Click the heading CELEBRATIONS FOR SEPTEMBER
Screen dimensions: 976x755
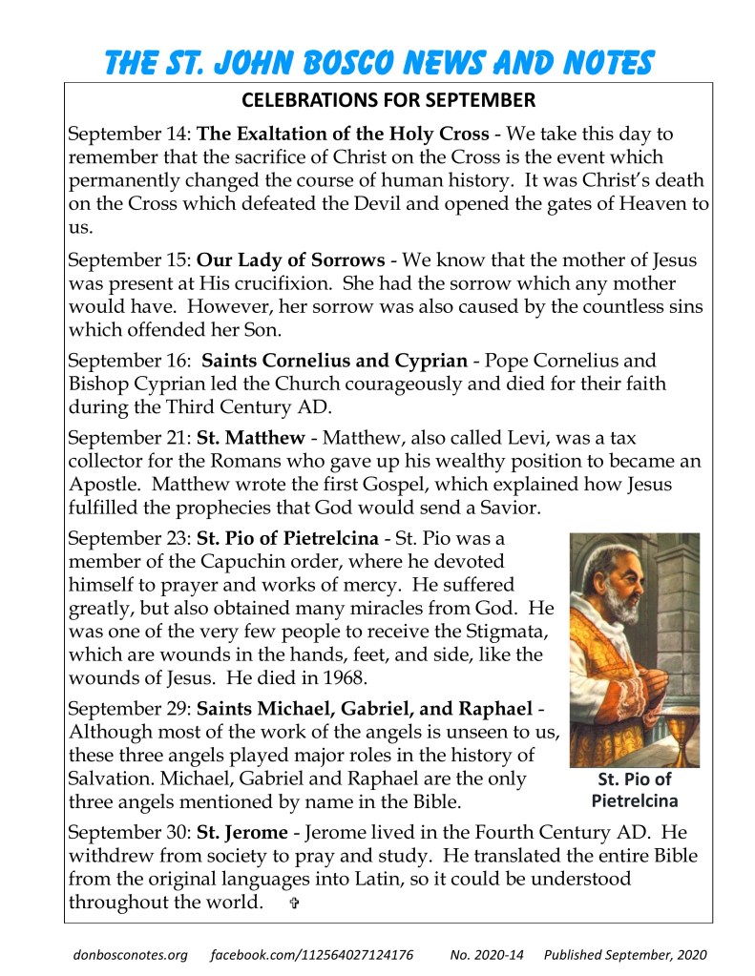pyautogui.click(x=388, y=100)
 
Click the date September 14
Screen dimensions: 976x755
pyautogui.click(x=129, y=134)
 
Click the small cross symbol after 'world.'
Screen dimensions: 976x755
pyautogui.click(x=293, y=903)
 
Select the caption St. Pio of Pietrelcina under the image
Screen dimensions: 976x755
pyautogui.click(x=635, y=789)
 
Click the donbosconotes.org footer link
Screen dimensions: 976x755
pyautogui.click(x=130, y=954)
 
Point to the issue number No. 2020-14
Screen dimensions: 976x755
pyautogui.click(x=486, y=954)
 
